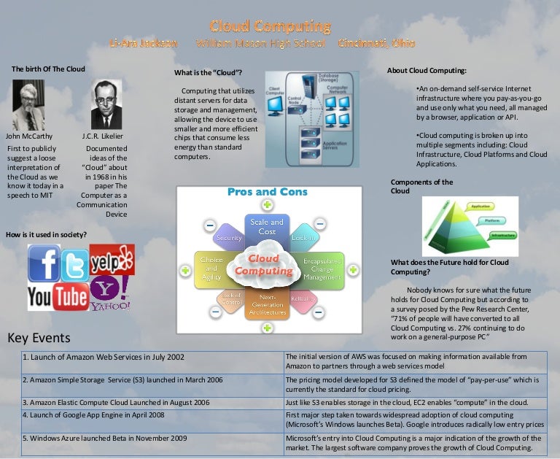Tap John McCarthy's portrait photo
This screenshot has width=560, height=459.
pyautogui.click(x=28, y=105)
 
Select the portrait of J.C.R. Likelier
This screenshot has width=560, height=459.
pyautogui.click(x=106, y=105)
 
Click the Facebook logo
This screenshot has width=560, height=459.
pyautogui.click(x=43, y=263)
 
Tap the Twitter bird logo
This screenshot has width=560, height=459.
pyautogui.click(x=74, y=268)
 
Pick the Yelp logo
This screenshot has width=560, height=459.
pyautogui.click(x=112, y=259)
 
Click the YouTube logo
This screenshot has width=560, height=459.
pyautogui.click(x=58, y=296)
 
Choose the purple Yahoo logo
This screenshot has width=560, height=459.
pyautogui.click(x=111, y=293)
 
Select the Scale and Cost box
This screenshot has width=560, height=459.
pyautogui.click(x=267, y=226)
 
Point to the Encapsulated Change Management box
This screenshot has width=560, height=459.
pyautogui.click(x=322, y=269)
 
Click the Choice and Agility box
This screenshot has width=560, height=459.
pyautogui.click(x=211, y=268)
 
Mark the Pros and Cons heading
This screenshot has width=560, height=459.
pyautogui.click(x=268, y=192)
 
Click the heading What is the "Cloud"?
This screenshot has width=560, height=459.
pyautogui.click(x=209, y=73)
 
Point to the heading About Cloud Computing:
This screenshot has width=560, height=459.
pyautogui.click(x=427, y=71)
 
